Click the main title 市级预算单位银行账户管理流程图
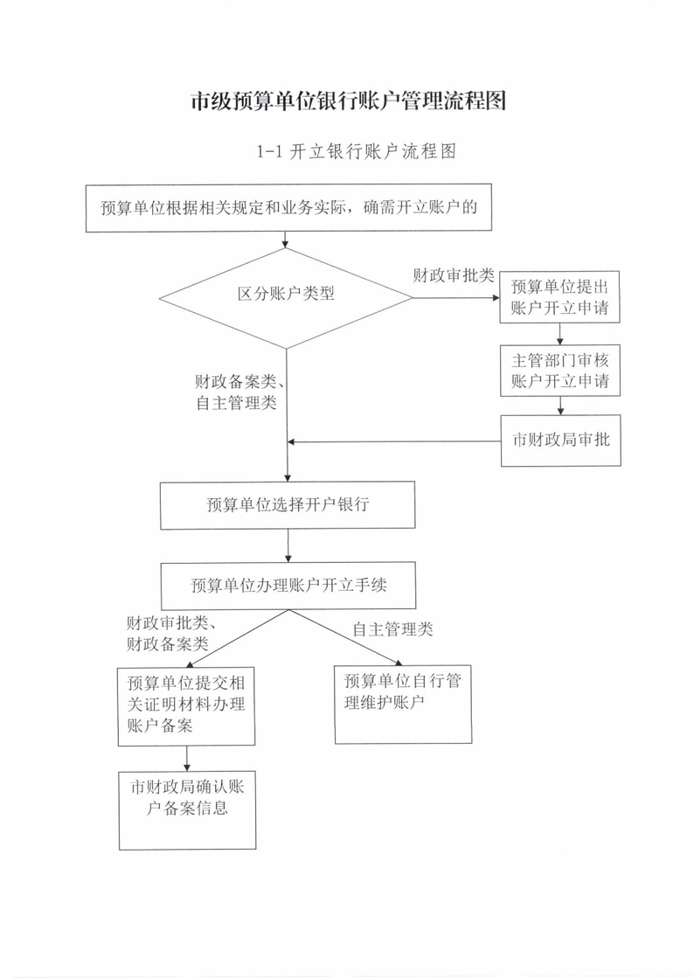348,101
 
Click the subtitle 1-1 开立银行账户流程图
357,151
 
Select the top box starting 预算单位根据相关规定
288,208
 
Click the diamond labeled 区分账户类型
286,298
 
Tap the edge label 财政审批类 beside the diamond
453,275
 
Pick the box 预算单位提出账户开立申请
559,296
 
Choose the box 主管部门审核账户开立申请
559,371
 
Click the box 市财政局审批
561,441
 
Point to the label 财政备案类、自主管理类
235,392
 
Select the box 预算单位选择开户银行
288,505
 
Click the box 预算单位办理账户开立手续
288,586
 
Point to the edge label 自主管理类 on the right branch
392,629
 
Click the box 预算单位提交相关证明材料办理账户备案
186,706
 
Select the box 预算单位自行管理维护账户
403,705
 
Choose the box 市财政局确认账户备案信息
187,810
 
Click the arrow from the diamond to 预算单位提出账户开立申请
456,298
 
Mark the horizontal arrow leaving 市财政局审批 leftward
394,442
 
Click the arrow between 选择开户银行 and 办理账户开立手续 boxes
288,545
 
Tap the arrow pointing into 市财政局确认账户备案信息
186,759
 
